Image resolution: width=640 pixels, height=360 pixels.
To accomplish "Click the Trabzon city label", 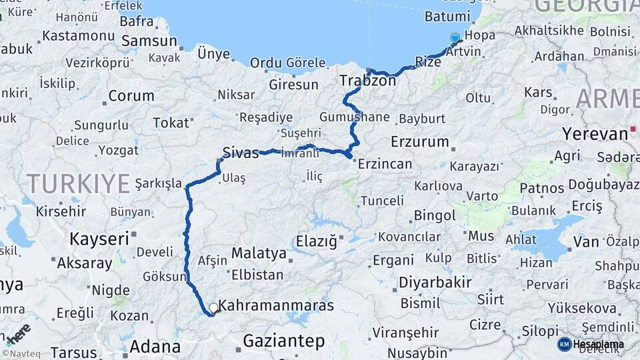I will tap(368, 81).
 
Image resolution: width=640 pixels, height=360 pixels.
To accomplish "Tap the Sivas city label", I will tap(240, 153).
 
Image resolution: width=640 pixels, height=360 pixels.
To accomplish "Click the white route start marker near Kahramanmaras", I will tap(213, 308).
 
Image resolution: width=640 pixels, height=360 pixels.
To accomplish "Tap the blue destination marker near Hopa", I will tap(455, 38).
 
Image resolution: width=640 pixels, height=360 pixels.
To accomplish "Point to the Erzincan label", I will tap(385, 163).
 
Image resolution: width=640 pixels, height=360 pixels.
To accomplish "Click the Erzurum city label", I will tap(420, 141).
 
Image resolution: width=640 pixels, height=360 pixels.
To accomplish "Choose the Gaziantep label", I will tap(283, 341).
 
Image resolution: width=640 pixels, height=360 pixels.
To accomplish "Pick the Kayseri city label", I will tap(99, 239).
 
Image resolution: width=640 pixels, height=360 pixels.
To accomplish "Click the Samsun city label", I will tap(149, 41).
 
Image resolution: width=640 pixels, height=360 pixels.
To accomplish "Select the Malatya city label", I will tap(259, 253).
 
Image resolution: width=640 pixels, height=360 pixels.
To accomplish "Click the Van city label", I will tap(586, 241).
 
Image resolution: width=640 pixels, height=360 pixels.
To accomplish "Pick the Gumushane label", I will tap(354, 117).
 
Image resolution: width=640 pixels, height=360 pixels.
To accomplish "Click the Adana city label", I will tap(155, 347).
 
